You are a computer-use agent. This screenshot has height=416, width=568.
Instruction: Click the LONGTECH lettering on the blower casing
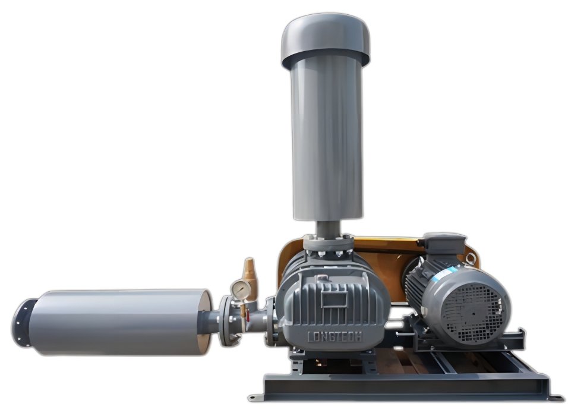(335, 337)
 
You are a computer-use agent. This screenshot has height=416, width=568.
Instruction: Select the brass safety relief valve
(249, 275)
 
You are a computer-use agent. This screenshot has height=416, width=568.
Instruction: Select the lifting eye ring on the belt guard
(471, 259)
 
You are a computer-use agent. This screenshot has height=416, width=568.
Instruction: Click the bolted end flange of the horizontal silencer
(23, 323)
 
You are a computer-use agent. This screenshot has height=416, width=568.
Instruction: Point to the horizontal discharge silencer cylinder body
(120, 323)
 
